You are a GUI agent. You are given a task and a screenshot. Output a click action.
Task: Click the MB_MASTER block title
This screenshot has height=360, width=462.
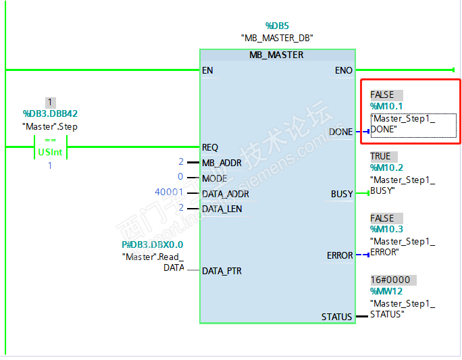pyautogui.click(x=276, y=55)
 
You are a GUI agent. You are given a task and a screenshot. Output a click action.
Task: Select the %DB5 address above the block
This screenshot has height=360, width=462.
pyautogui.click(x=276, y=26)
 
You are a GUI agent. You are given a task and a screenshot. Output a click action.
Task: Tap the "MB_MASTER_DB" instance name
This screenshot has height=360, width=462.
pyautogui.click(x=276, y=38)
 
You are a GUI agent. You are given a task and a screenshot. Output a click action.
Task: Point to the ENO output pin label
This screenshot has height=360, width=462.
pyautogui.click(x=343, y=70)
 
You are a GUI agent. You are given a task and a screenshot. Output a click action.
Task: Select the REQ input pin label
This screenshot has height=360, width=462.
pyautogui.click(x=210, y=147)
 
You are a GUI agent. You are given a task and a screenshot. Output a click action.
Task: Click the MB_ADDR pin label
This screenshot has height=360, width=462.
pyautogui.click(x=222, y=163)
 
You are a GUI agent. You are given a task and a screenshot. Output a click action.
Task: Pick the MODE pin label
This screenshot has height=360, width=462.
pyautogui.click(x=214, y=178)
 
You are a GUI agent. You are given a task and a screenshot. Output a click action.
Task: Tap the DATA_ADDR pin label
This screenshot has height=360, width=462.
pyautogui.click(x=225, y=194)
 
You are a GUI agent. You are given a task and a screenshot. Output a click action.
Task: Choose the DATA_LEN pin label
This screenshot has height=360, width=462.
pyautogui.click(x=222, y=209)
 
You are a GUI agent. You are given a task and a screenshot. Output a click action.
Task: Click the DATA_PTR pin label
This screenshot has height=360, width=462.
pyautogui.click(x=222, y=271)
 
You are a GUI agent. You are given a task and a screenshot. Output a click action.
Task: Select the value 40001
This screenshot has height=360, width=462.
pyautogui.click(x=169, y=193)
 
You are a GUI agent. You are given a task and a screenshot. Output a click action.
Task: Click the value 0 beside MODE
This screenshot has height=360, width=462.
pyautogui.click(x=180, y=178)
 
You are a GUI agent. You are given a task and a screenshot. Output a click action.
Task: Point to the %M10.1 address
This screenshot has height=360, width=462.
pyautogui.click(x=386, y=107)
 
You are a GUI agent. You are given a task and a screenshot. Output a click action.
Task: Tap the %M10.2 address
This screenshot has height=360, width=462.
pyautogui.click(x=386, y=168)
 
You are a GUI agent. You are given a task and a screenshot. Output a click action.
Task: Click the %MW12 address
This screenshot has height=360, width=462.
pyautogui.click(x=386, y=292)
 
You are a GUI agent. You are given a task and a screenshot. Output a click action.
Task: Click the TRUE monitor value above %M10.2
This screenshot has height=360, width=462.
pyautogui.click(x=380, y=156)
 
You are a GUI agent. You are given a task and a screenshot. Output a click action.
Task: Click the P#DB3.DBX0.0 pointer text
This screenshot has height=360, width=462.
pyautogui.click(x=152, y=245)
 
